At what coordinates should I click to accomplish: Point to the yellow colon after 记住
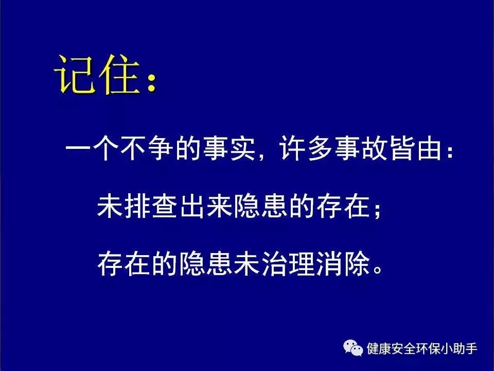tap(151, 83)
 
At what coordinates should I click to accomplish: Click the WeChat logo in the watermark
tap(353, 348)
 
